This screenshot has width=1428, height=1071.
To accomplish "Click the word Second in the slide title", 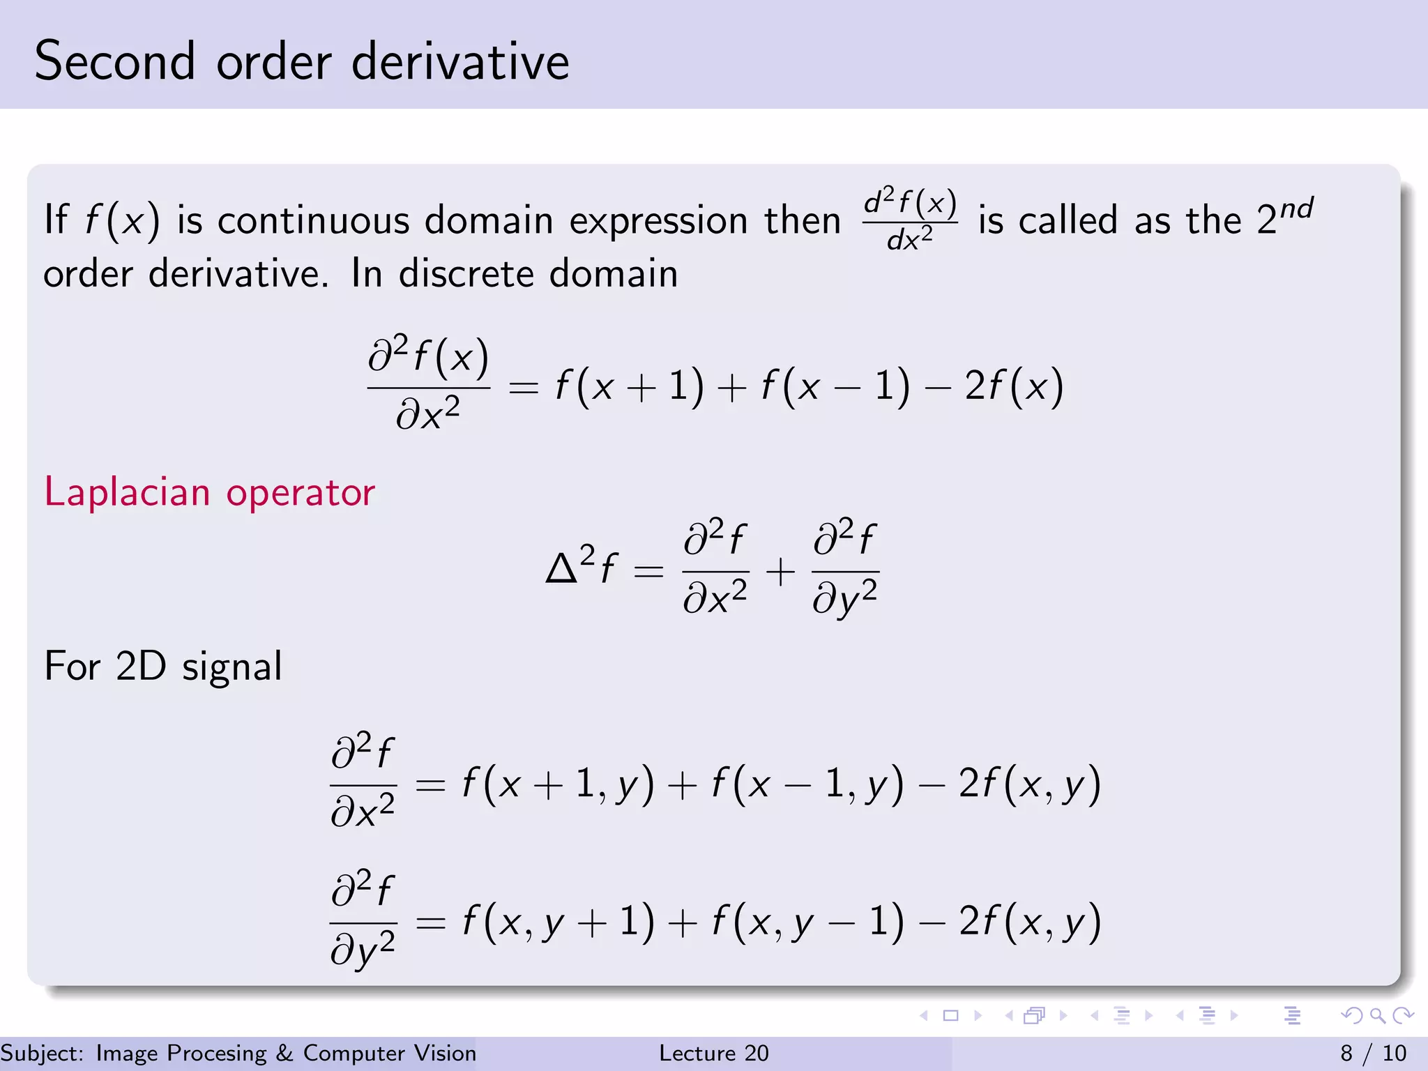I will [115, 61].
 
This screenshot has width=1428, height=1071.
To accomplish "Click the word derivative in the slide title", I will [460, 61].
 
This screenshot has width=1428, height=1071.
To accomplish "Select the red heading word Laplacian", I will [127, 492].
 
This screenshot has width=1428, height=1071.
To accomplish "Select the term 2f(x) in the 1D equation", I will [1014, 386].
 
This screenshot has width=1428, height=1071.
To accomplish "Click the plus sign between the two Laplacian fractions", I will [780, 572].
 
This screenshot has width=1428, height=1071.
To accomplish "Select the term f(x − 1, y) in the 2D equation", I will [807, 784].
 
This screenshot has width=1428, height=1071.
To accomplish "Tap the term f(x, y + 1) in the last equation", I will [558, 922].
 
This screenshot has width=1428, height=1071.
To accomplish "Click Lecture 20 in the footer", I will [713, 1053].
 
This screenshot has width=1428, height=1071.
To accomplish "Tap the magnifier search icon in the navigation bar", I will [1377, 1016].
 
